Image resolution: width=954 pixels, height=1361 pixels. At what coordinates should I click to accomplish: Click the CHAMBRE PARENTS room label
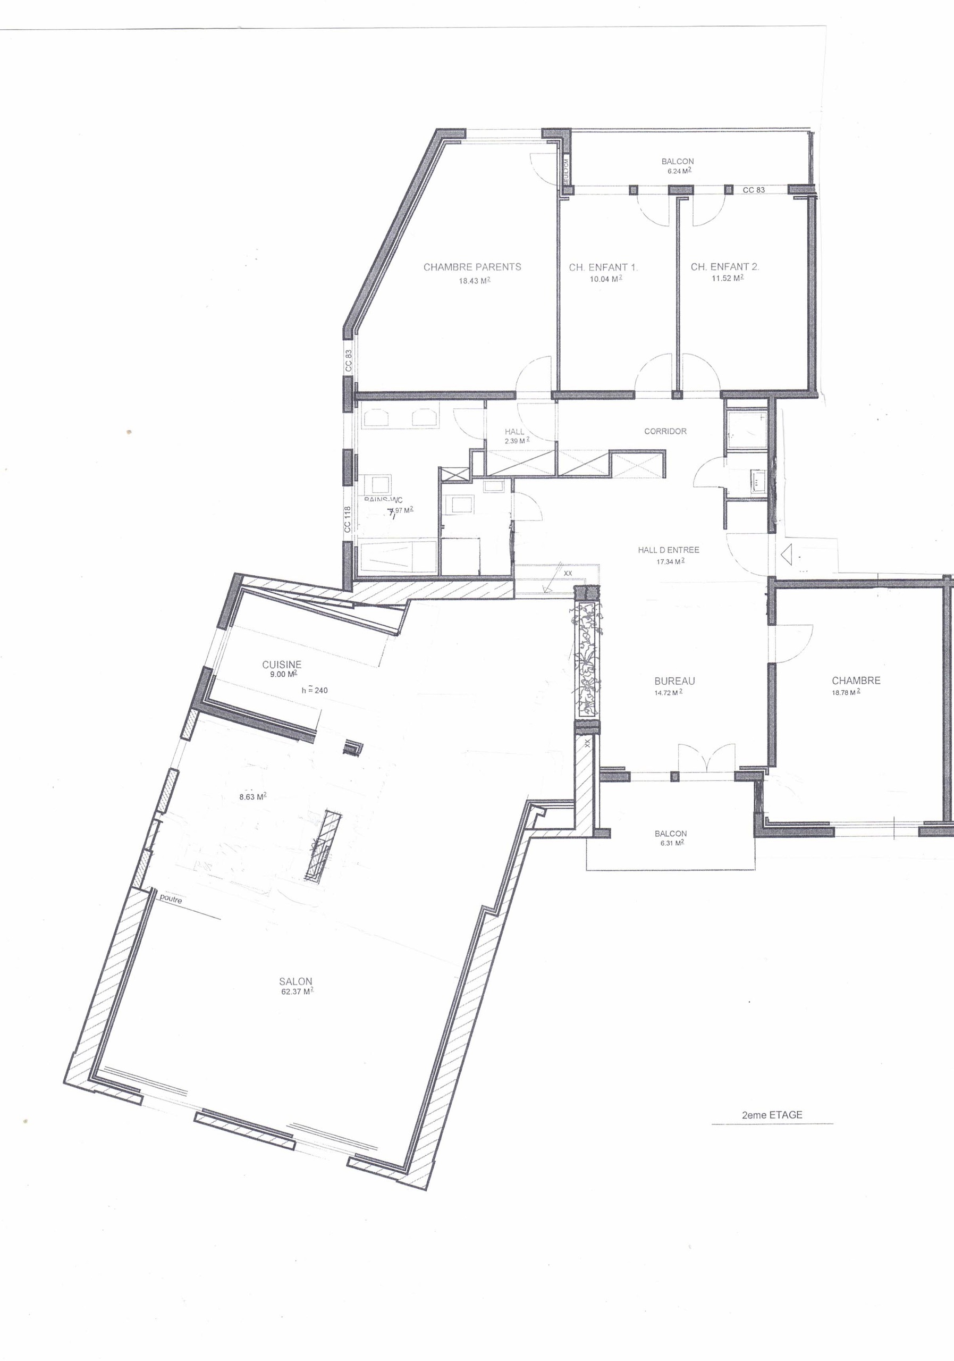click(x=472, y=267)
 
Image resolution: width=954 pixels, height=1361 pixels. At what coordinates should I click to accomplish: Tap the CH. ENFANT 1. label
click(x=603, y=267)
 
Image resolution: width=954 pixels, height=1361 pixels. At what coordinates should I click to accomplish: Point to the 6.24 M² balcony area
click(x=677, y=171)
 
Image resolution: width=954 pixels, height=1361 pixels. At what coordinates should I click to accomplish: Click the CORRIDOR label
click(x=665, y=431)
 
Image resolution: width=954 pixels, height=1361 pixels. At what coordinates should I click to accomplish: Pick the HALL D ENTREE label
click(x=669, y=550)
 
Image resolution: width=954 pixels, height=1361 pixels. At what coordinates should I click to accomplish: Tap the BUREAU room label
click(x=674, y=681)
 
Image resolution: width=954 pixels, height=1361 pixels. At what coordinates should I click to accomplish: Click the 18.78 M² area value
click(x=846, y=692)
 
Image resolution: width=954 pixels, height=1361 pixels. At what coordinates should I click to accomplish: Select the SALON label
click(x=295, y=981)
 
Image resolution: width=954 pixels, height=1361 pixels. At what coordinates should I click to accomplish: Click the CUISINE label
click(x=282, y=665)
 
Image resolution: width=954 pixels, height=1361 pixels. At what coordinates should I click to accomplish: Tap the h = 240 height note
click(x=314, y=690)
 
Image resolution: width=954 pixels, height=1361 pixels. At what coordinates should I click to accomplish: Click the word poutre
click(x=171, y=899)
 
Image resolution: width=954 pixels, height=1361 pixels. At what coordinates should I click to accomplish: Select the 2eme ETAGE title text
click(x=772, y=1115)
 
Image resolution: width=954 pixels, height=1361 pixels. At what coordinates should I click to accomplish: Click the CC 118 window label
click(x=348, y=519)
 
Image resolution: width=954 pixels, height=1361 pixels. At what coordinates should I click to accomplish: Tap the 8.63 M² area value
click(x=252, y=797)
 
